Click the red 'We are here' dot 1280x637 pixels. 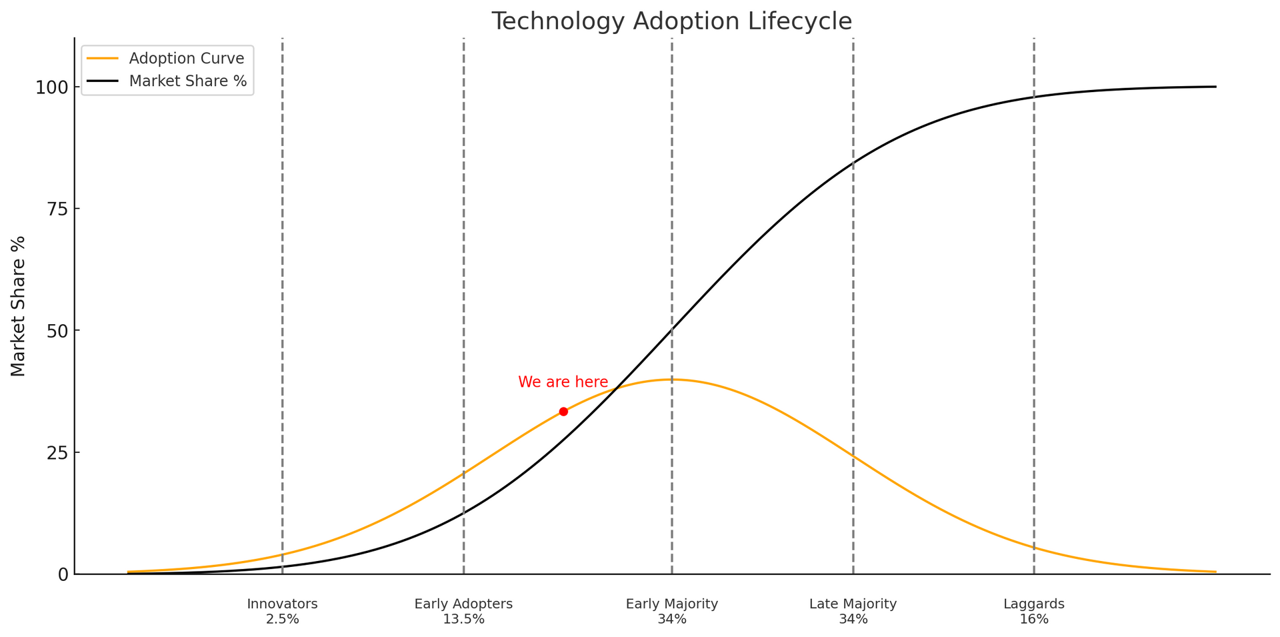click(x=563, y=412)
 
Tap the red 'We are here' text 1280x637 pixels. click(x=563, y=382)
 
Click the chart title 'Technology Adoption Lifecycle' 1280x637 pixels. click(x=671, y=21)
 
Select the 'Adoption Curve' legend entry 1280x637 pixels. click(x=186, y=59)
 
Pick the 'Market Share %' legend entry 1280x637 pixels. click(x=187, y=81)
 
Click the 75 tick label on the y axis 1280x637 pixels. click(x=57, y=209)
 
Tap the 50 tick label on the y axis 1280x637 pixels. click(x=57, y=331)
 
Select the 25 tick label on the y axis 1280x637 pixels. click(x=57, y=453)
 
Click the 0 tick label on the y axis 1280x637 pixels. click(x=63, y=574)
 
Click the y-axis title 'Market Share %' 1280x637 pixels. click(x=19, y=305)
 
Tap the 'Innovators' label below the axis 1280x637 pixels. click(x=282, y=604)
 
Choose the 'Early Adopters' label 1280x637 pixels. click(x=463, y=604)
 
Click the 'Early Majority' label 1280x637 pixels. click(x=671, y=604)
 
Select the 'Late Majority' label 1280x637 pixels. click(x=853, y=604)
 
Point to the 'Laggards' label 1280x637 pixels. click(x=1034, y=604)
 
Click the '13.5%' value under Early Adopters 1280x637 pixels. click(x=463, y=619)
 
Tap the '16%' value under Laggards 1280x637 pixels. click(x=1034, y=619)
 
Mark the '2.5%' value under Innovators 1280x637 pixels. click(x=282, y=619)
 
